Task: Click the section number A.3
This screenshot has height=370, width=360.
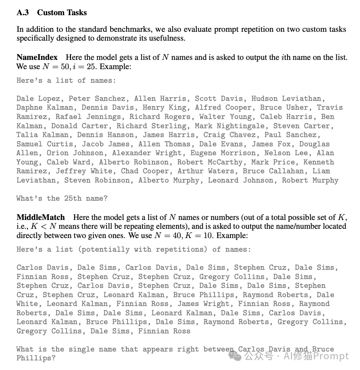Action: (23, 13)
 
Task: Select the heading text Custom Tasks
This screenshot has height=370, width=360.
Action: (62, 13)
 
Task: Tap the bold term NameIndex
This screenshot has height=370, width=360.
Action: (37, 57)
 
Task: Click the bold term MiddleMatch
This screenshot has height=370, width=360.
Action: (41, 217)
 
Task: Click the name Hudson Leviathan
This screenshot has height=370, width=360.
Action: (286, 99)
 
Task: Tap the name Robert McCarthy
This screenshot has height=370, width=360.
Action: (210, 162)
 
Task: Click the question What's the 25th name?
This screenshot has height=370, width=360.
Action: (62, 198)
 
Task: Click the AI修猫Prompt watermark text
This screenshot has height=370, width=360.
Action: (316, 356)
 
